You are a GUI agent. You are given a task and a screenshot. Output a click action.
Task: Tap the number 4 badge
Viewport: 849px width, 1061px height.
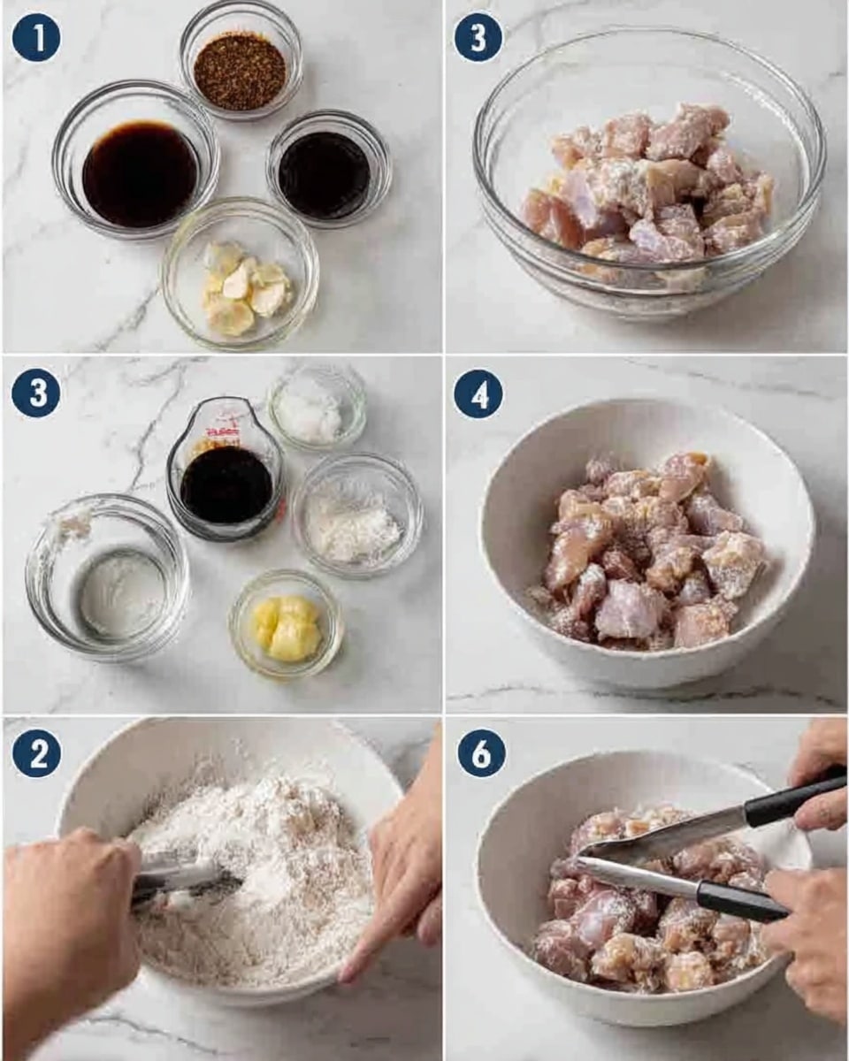478,393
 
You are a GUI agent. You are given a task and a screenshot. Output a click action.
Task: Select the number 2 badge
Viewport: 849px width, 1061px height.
36,753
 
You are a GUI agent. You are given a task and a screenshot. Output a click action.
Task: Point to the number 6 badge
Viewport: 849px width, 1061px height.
482,753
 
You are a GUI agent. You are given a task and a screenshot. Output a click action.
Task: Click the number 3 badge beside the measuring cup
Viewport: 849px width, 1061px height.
36,393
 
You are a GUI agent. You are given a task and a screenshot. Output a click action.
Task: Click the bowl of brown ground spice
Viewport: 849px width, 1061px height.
240,71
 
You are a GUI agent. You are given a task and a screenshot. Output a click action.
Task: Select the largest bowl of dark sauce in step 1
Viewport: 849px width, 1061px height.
139,173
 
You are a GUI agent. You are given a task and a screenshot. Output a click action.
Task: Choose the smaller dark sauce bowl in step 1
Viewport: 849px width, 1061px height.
325,174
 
